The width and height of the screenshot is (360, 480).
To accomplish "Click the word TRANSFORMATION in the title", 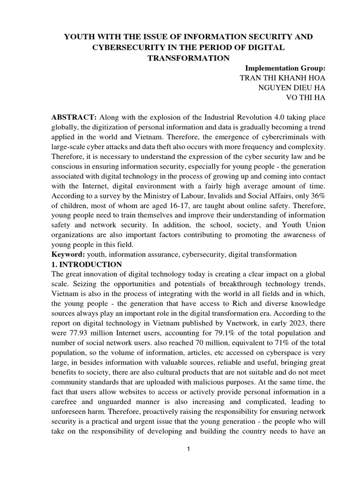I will pos(180,58).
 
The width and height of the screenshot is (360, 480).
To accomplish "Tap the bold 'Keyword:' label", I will pos(66,255).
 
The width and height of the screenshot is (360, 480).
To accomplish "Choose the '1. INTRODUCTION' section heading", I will pos(86,264).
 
